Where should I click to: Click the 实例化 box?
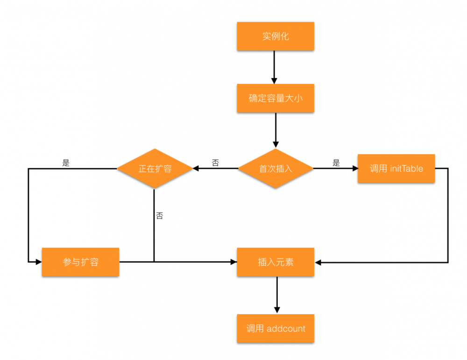point(276,36)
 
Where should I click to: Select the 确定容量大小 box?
point(276,99)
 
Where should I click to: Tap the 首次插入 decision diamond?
point(276,169)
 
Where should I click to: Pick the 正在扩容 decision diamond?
point(155,169)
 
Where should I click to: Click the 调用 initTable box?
point(396,169)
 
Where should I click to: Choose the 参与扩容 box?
point(80,262)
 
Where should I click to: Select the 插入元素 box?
point(276,262)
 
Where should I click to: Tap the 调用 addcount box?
point(276,329)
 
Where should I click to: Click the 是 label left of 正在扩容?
point(66,163)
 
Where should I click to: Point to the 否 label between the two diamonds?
point(215,163)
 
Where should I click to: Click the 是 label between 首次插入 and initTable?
point(336,163)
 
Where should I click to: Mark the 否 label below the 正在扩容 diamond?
point(159,216)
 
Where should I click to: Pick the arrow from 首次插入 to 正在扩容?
point(215,169)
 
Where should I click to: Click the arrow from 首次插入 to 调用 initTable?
point(335,169)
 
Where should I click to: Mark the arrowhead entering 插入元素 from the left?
point(233,262)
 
